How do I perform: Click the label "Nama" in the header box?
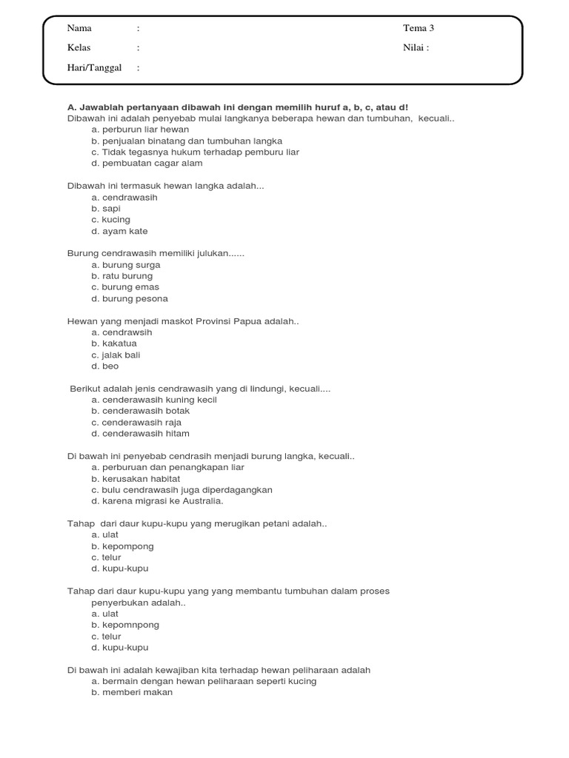(79, 29)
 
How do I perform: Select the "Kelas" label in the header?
(79, 48)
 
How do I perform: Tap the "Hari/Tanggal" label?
(94, 68)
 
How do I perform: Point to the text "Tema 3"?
(419, 29)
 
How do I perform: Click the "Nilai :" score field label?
(416, 48)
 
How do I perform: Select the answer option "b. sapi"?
(106, 209)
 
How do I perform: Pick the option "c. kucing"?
(110, 220)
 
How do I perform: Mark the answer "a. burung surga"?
(126, 265)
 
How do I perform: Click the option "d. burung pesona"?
(130, 299)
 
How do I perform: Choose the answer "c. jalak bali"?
(116, 355)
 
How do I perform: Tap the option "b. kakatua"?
(114, 344)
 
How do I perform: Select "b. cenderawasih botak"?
(141, 412)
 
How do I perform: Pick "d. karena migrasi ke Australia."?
(157, 501)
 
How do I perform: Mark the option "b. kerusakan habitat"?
(136, 479)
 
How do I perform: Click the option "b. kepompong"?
(123, 546)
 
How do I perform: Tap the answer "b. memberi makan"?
(132, 693)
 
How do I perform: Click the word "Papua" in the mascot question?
(247, 322)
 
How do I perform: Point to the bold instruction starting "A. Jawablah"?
(238, 107)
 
